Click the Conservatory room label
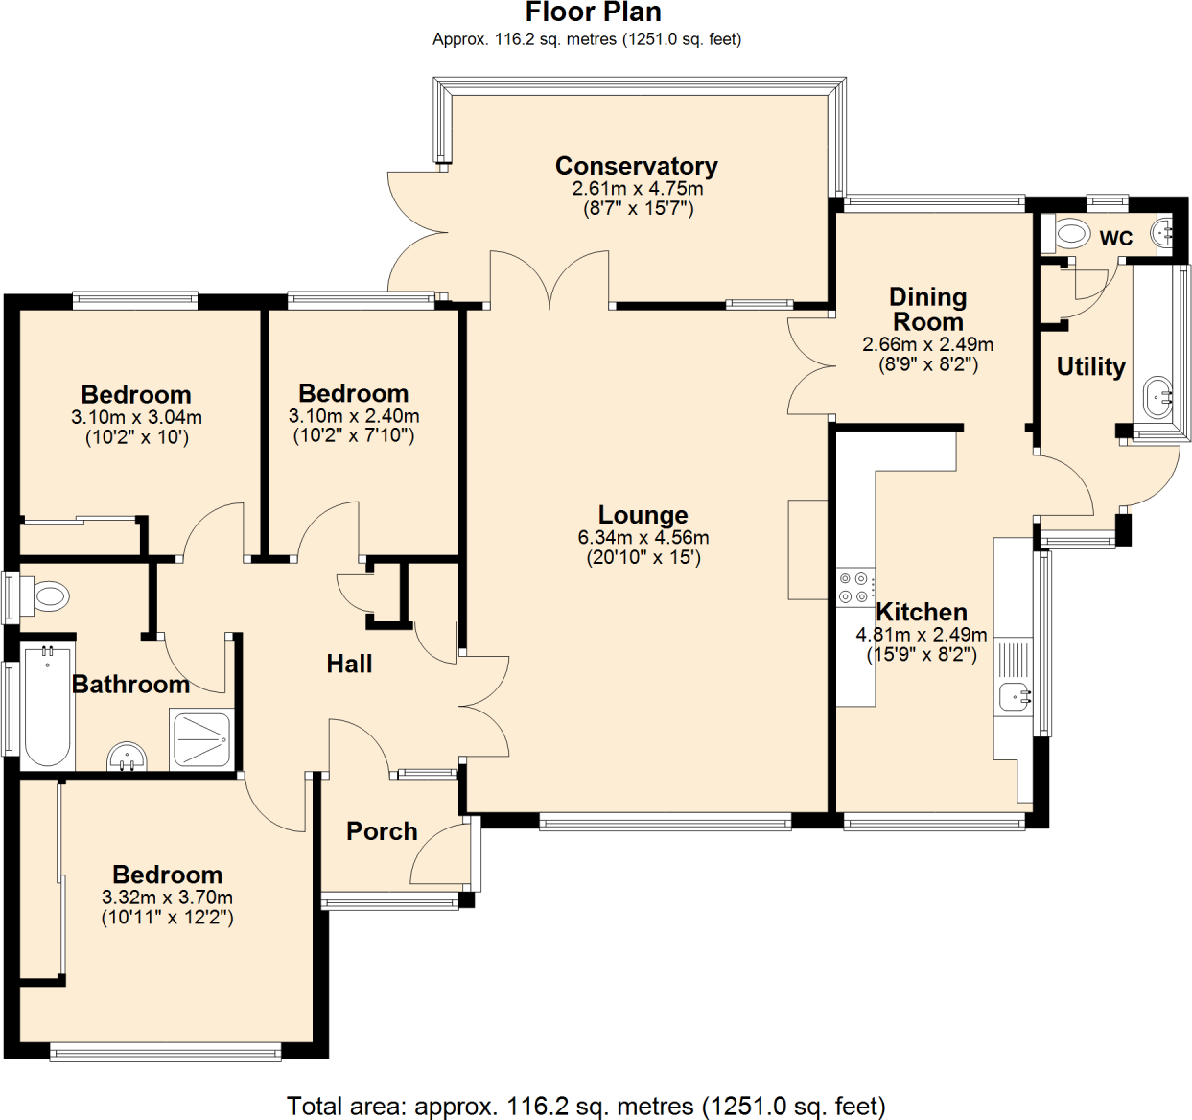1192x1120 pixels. click(636, 166)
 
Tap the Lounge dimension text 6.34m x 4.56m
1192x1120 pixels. click(643, 538)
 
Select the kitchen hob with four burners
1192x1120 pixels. click(853, 587)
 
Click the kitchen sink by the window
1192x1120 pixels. click(1013, 695)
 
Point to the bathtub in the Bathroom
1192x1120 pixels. click(47, 706)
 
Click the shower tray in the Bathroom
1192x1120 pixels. click(201, 738)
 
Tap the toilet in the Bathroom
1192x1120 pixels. click(48, 597)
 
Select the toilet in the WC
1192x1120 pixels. click(1071, 233)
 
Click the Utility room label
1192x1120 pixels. click(1090, 366)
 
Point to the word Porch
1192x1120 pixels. click(382, 831)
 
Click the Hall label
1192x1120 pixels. click(349, 664)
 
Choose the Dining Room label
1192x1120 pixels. click(927, 309)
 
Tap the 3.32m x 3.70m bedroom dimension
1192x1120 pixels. click(168, 898)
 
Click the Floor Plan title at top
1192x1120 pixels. click(593, 12)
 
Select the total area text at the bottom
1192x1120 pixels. click(586, 1106)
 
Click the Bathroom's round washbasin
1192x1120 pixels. click(127, 757)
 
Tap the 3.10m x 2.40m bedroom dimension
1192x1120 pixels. click(354, 416)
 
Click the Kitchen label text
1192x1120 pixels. click(922, 612)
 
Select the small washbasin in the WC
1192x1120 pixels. click(1163, 231)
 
